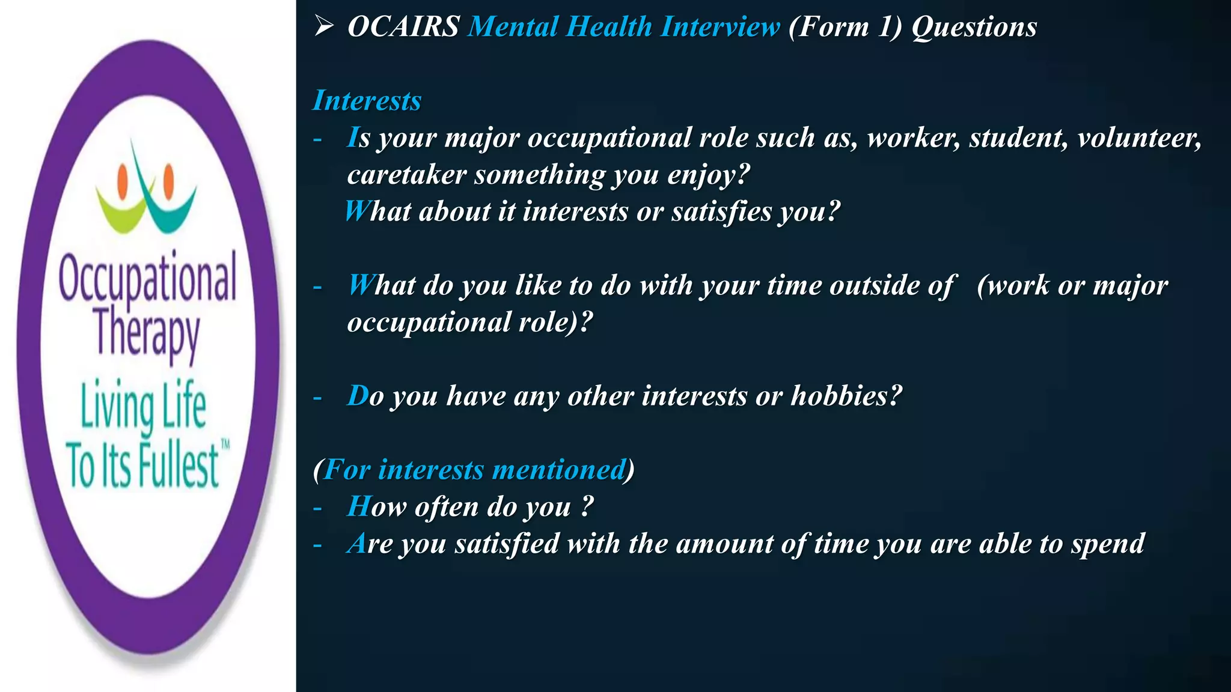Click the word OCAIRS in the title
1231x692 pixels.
403,27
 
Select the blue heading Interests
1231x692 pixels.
367,100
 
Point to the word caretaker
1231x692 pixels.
407,175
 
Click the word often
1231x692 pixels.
446,507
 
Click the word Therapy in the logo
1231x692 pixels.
147,333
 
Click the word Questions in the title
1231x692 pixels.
974,28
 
